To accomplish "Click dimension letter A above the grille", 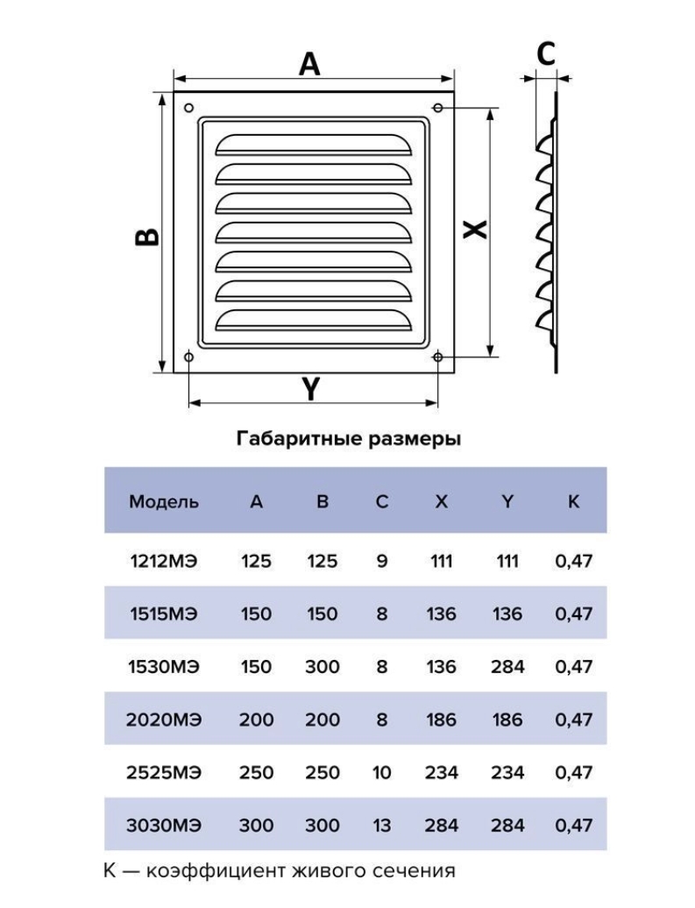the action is point(309,64).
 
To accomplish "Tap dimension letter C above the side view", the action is point(546,53).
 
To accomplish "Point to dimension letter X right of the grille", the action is point(476,230).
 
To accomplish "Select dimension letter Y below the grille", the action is point(311,388).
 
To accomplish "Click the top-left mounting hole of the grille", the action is point(188,109).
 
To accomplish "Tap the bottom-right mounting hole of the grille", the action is point(438,357).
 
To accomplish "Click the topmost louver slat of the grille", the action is point(314,145).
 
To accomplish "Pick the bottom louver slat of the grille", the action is point(314,322).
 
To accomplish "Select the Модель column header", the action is point(164,501).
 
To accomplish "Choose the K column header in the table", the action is point(573,501).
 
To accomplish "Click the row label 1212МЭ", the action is point(164,561).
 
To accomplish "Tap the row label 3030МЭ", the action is point(164,826).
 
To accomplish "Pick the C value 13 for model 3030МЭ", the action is point(381,826).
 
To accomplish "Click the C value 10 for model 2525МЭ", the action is point(381,772).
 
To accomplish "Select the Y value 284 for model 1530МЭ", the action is point(507,666).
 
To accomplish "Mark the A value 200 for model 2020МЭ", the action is point(257,720).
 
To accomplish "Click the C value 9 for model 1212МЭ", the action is point(381,561).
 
